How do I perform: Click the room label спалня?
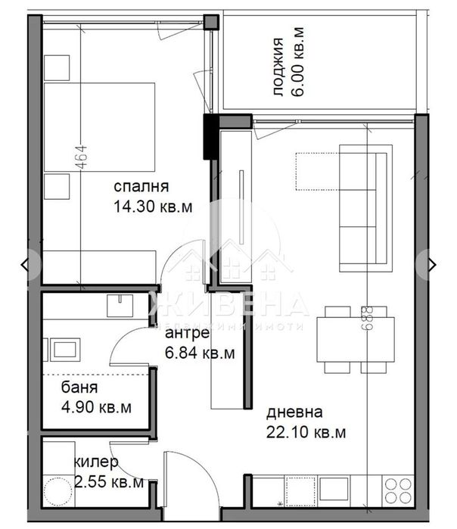pos(141,186)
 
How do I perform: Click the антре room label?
pos(185,334)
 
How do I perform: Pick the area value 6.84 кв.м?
pos(200,352)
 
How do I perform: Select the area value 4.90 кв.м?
pos(97,407)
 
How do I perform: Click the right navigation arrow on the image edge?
pos(432,264)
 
